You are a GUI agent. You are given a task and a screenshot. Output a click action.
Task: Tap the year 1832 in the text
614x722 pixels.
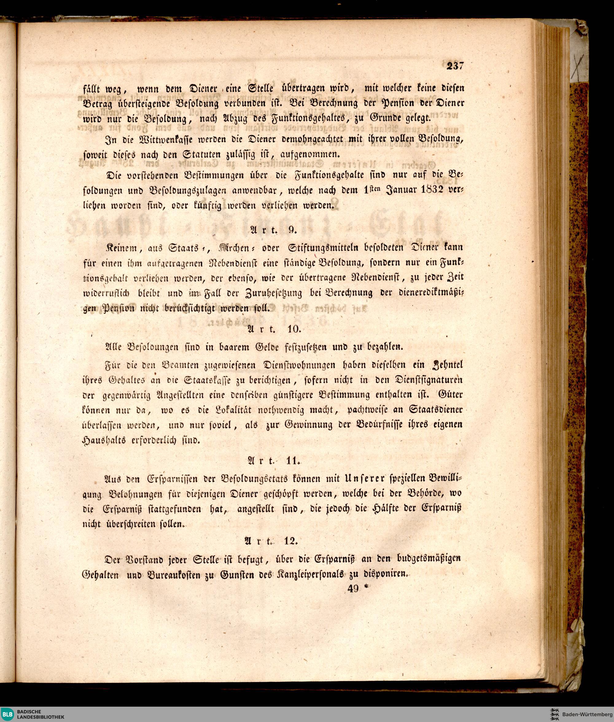[429, 190]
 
